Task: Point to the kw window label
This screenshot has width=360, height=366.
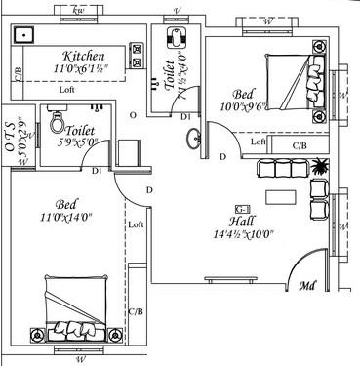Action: [x=80, y=10]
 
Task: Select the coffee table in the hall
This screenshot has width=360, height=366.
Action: [x=284, y=195]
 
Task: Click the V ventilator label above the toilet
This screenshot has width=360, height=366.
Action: [x=177, y=10]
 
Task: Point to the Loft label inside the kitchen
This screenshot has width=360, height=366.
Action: [x=66, y=90]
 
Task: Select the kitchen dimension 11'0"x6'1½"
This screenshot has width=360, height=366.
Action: [x=83, y=70]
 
